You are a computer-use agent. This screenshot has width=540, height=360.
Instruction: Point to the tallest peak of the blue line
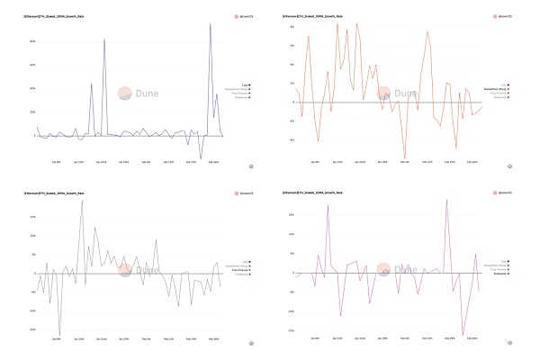pyautogui.click(x=210, y=24)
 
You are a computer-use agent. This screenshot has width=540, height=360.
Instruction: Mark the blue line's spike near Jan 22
pyautogui.click(x=104, y=40)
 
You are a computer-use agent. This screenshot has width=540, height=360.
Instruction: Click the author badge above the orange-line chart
pyautogui.click(x=499, y=16)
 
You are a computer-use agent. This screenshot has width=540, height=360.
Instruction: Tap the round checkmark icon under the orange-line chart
pyautogui.click(x=510, y=166)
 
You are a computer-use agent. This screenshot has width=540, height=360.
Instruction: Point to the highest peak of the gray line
pyautogui.click(x=82, y=200)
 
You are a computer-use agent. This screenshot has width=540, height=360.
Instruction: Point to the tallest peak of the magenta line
pyautogui.click(x=446, y=200)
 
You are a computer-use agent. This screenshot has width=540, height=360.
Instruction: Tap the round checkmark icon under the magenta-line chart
pyautogui.click(x=510, y=343)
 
